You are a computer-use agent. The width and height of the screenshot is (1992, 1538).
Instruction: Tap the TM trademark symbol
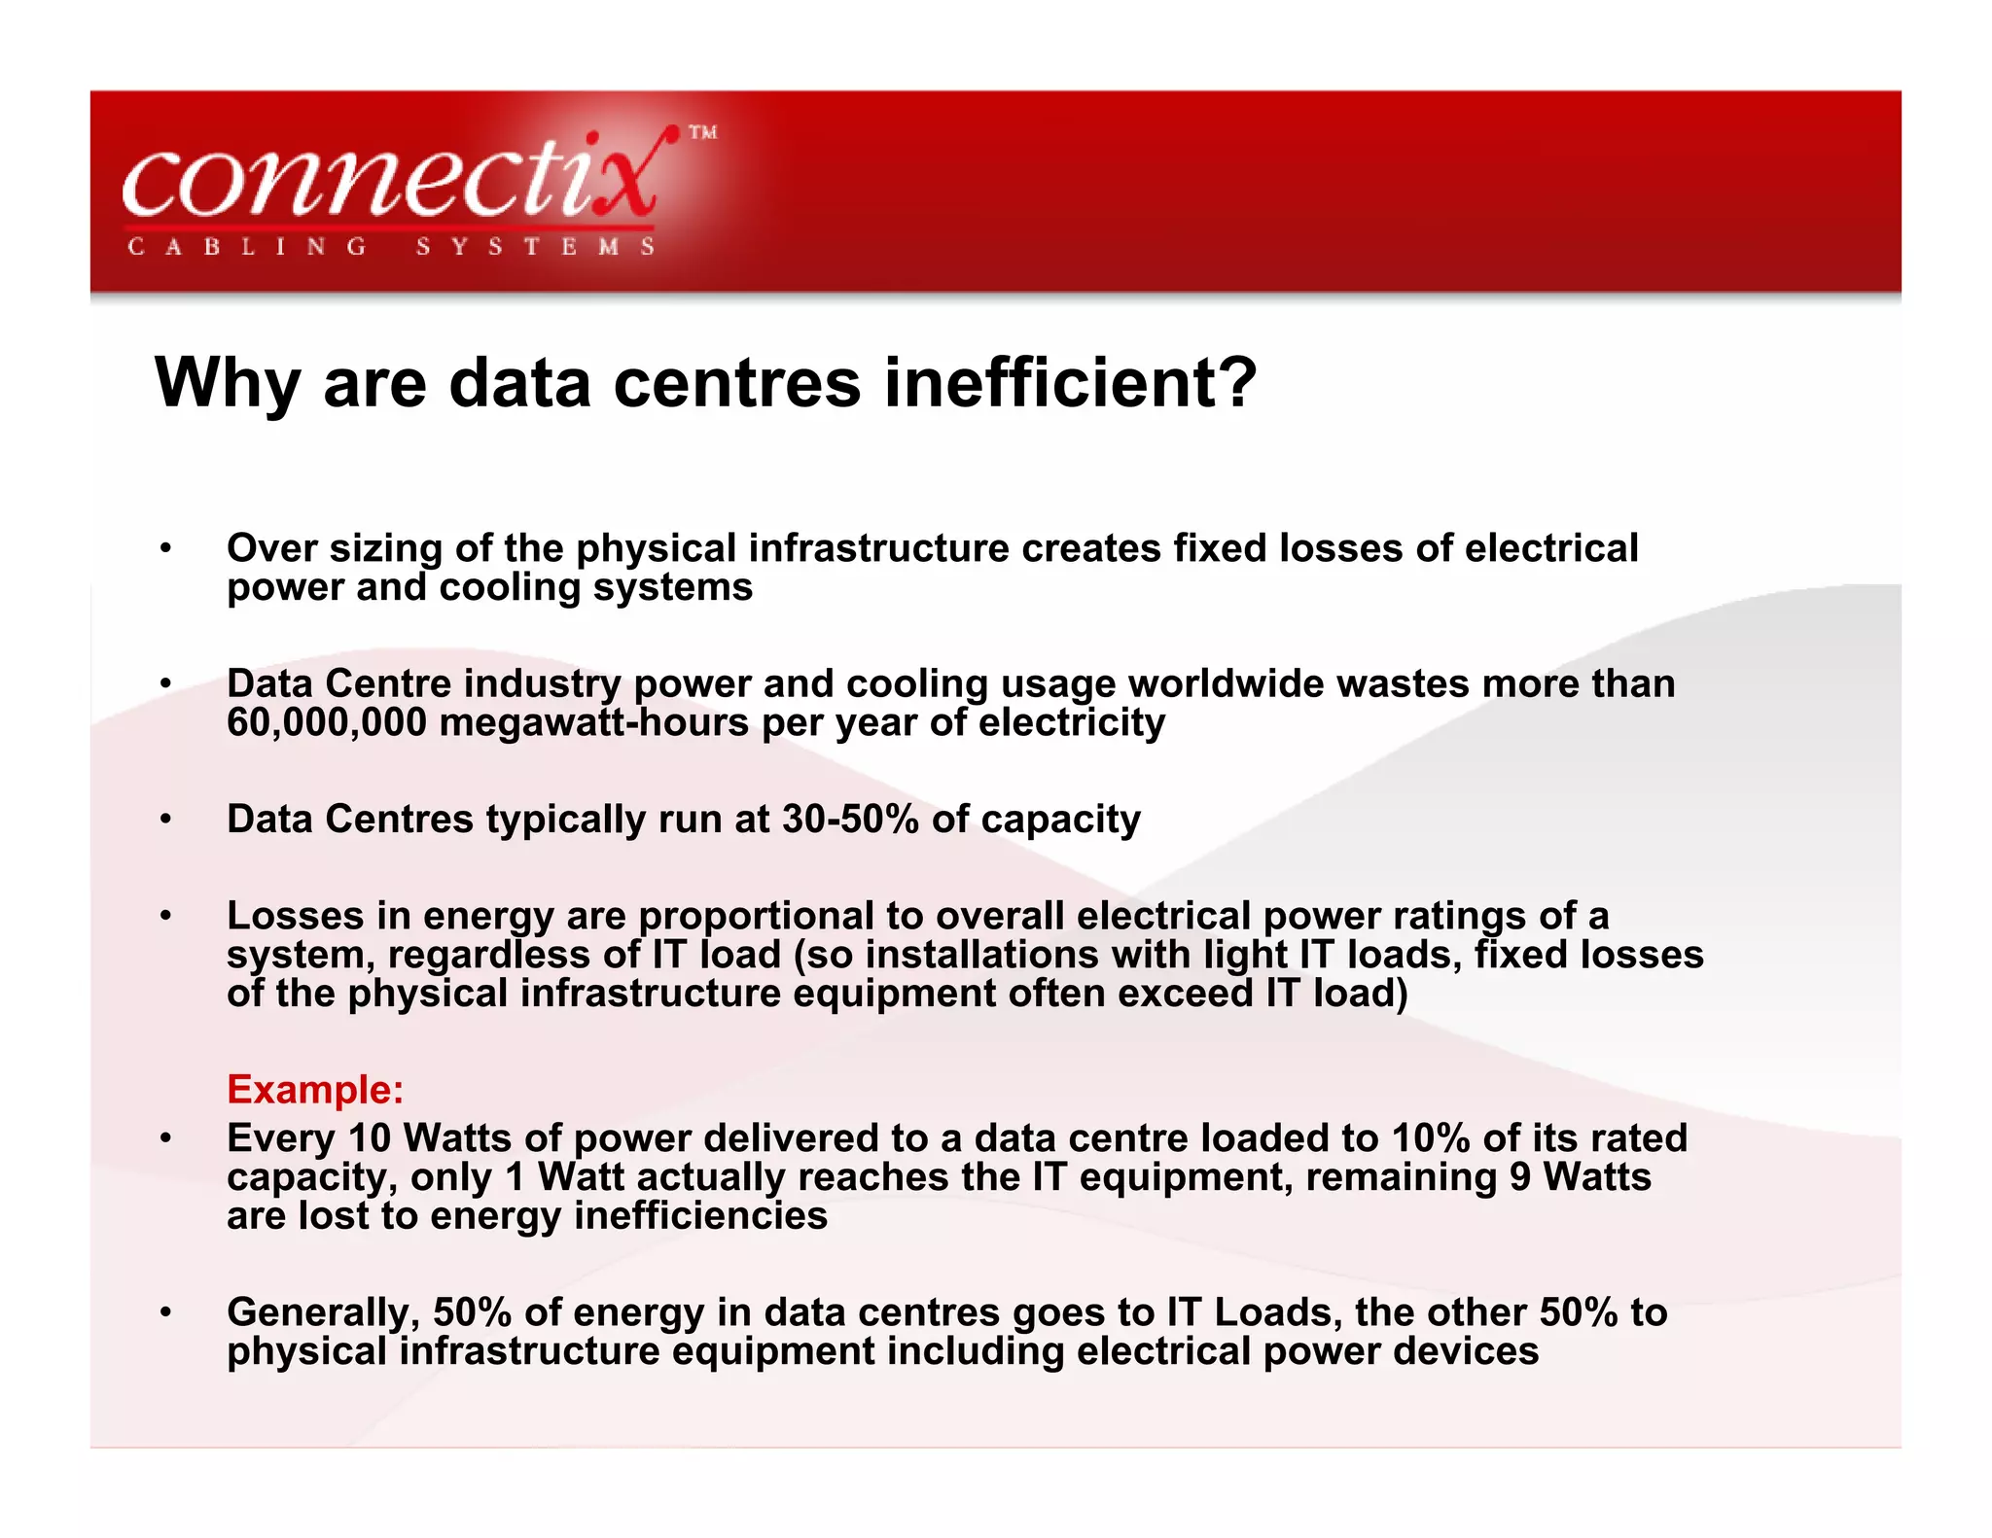tap(703, 132)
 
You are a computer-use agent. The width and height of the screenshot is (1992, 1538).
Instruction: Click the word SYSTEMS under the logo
tap(536, 247)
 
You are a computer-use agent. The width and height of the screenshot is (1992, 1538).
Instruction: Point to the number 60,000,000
tap(327, 722)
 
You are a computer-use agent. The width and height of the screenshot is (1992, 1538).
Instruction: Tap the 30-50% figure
tap(850, 819)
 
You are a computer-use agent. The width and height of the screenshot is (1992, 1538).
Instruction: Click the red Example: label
tap(315, 1089)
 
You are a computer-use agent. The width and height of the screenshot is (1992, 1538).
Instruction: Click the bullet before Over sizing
tap(166, 548)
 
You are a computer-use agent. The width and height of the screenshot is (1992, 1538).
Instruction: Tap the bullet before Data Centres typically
tap(166, 820)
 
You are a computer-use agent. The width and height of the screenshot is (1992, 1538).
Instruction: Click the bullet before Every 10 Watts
tap(166, 1138)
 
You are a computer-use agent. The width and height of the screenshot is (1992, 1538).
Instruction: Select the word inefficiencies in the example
tap(700, 1215)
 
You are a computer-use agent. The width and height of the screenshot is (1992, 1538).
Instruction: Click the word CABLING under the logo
tap(247, 247)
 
